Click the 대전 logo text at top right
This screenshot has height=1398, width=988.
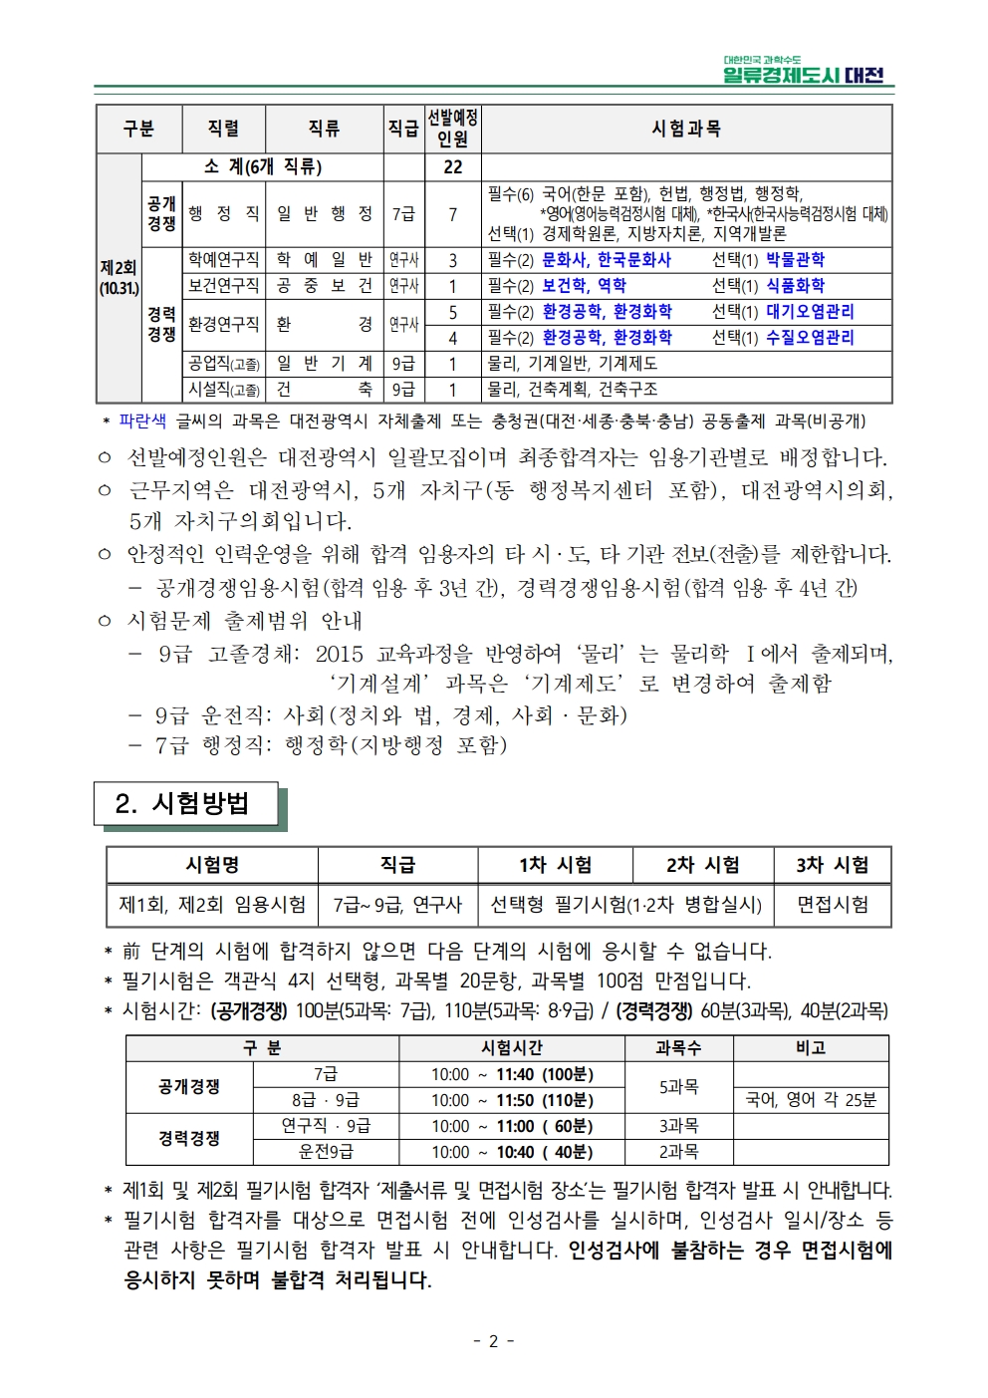[864, 75]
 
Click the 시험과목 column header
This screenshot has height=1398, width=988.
[685, 129]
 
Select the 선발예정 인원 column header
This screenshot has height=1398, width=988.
[452, 129]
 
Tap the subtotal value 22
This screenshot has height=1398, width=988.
[452, 166]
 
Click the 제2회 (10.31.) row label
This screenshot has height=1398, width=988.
[119, 278]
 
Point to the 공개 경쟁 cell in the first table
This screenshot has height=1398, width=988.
[161, 213]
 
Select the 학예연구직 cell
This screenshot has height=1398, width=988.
[224, 260]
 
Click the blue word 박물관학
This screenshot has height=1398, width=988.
[795, 260]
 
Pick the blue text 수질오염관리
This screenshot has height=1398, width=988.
[809, 338]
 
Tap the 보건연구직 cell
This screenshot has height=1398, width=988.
[224, 286]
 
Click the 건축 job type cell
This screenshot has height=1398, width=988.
[324, 390]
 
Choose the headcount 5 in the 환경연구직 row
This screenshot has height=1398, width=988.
[452, 312]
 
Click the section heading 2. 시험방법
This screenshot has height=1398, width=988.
[184, 804]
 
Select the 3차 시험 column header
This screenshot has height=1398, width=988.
[832, 865]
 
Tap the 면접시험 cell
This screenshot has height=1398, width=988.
[832, 905]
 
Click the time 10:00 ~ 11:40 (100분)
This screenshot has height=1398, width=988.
[512, 1074]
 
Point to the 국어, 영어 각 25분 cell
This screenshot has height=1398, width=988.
[811, 1100]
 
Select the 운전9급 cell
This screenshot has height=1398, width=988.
[326, 1152]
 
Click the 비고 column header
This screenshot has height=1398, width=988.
[811, 1048]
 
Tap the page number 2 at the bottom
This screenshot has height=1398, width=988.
[493, 1341]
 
